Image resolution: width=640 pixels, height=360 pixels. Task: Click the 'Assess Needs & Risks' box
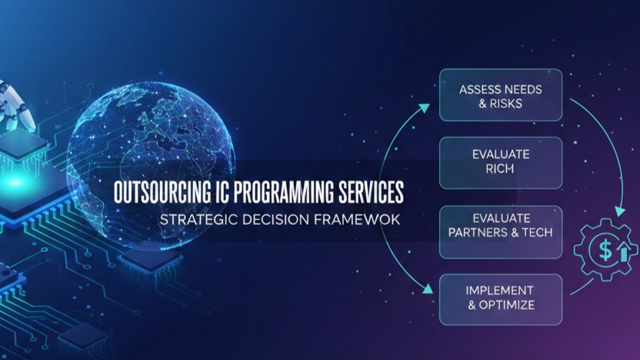[x=501, y=95]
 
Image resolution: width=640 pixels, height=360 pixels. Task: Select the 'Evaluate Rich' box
[x=501, y=162]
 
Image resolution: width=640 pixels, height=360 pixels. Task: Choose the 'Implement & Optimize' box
[x=501, y=298]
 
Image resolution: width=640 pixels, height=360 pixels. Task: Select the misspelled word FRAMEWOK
[x=360, y=219]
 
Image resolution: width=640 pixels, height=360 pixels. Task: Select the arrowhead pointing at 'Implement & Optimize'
[x=428, y=290]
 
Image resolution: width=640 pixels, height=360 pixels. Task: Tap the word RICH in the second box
[x=501, y=169]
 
